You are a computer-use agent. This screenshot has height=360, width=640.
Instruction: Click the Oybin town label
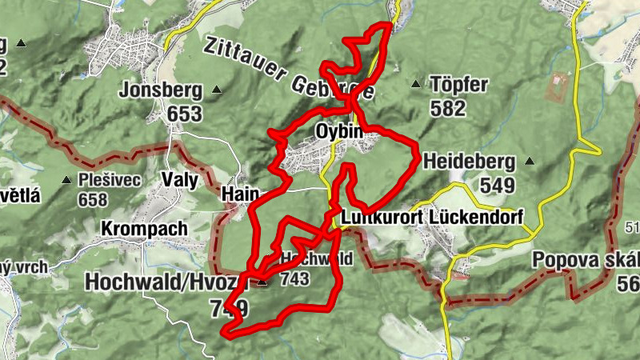coord(339,130)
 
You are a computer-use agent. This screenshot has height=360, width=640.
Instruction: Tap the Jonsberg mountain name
coord(160,90)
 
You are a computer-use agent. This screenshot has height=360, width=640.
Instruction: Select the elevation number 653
coord(185,114)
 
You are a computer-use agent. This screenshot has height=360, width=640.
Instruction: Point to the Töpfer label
coord(459,84)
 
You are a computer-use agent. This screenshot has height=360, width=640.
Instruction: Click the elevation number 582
coord(448,107)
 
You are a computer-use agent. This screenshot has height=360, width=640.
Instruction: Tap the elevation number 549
coord(497,185)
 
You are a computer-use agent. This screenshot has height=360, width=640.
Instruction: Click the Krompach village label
coord(144,228)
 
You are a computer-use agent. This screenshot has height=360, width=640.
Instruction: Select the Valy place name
coord(179,179)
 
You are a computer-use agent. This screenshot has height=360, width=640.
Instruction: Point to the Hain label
coord(238,194)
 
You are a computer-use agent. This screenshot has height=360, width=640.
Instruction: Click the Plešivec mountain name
coord(110,179)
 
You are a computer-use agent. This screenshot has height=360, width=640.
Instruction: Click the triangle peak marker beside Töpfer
coord(415,84)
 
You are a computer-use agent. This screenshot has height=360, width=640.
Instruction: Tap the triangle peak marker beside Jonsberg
coord(215,90)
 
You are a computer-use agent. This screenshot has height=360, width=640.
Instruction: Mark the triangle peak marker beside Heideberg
coord(529,160)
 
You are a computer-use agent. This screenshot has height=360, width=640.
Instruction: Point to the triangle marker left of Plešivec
coord(66,179)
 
